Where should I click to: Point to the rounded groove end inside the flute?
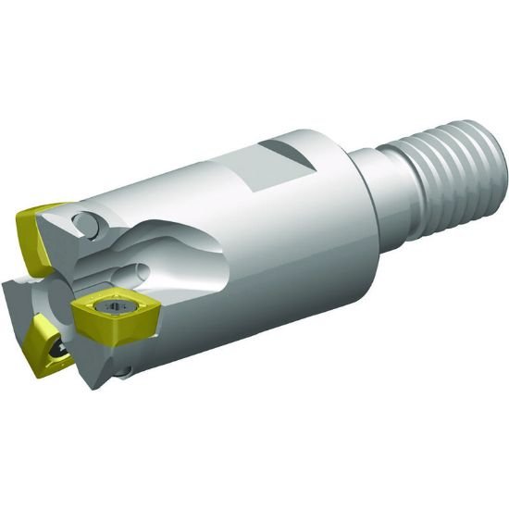(x=139, y=274)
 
